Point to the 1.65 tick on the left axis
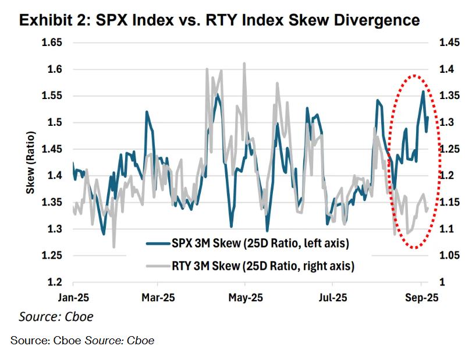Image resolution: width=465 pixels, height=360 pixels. point(55,43)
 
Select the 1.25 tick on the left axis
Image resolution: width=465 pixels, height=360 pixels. point(55,256)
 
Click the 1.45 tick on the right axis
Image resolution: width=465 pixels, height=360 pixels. point(441,43)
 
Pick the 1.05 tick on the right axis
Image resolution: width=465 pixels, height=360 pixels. point(441,256)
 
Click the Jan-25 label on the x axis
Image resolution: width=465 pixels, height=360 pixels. point(73,297)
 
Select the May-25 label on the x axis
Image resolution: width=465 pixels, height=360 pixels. point(245,297)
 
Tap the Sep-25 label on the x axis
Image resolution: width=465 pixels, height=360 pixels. point(421,297)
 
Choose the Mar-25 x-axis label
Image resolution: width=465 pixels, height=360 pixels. point(158,297)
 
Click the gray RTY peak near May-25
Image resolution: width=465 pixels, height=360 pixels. point(244,63)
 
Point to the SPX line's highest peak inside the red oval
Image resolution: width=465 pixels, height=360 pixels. point(423,91)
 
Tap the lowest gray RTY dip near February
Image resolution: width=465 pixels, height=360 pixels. point(114,246)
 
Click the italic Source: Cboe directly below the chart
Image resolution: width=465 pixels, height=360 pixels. point(56,317)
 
